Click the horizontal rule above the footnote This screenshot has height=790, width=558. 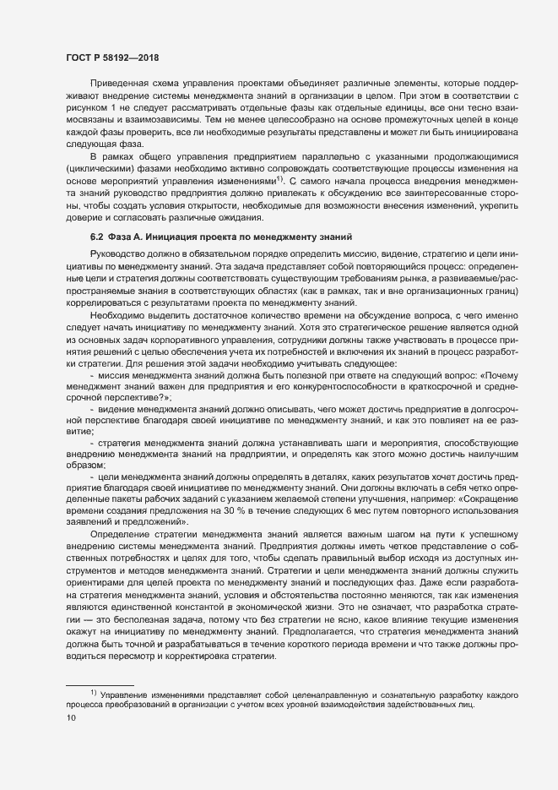tap(100, 684)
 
